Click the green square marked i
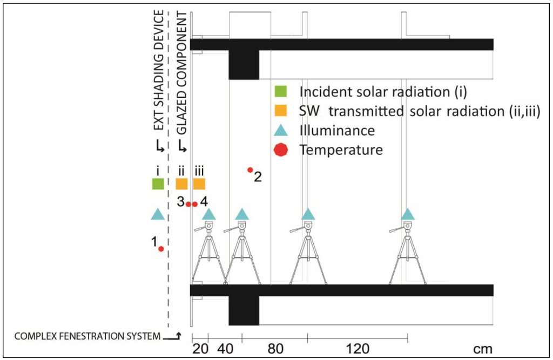pos(158,184)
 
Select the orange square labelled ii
pos(181,184)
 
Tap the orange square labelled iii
pos(199,184)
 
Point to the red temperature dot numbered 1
pos(161,249)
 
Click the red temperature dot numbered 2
pos(250,170)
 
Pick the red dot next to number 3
pos(188,204)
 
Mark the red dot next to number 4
pos(195,204)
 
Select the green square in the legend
pos(281,92)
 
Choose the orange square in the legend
pos(281,111)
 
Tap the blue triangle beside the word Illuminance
pos(281,130)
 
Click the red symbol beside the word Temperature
pos(281,149)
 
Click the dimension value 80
pos(275,349)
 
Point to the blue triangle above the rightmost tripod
pos(408,214)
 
